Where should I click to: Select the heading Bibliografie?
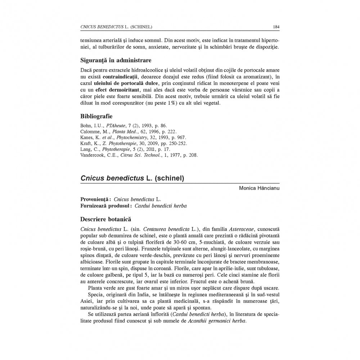pos(96,116)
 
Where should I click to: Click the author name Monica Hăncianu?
pos(260,188)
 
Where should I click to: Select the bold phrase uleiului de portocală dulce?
pos(121,83)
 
